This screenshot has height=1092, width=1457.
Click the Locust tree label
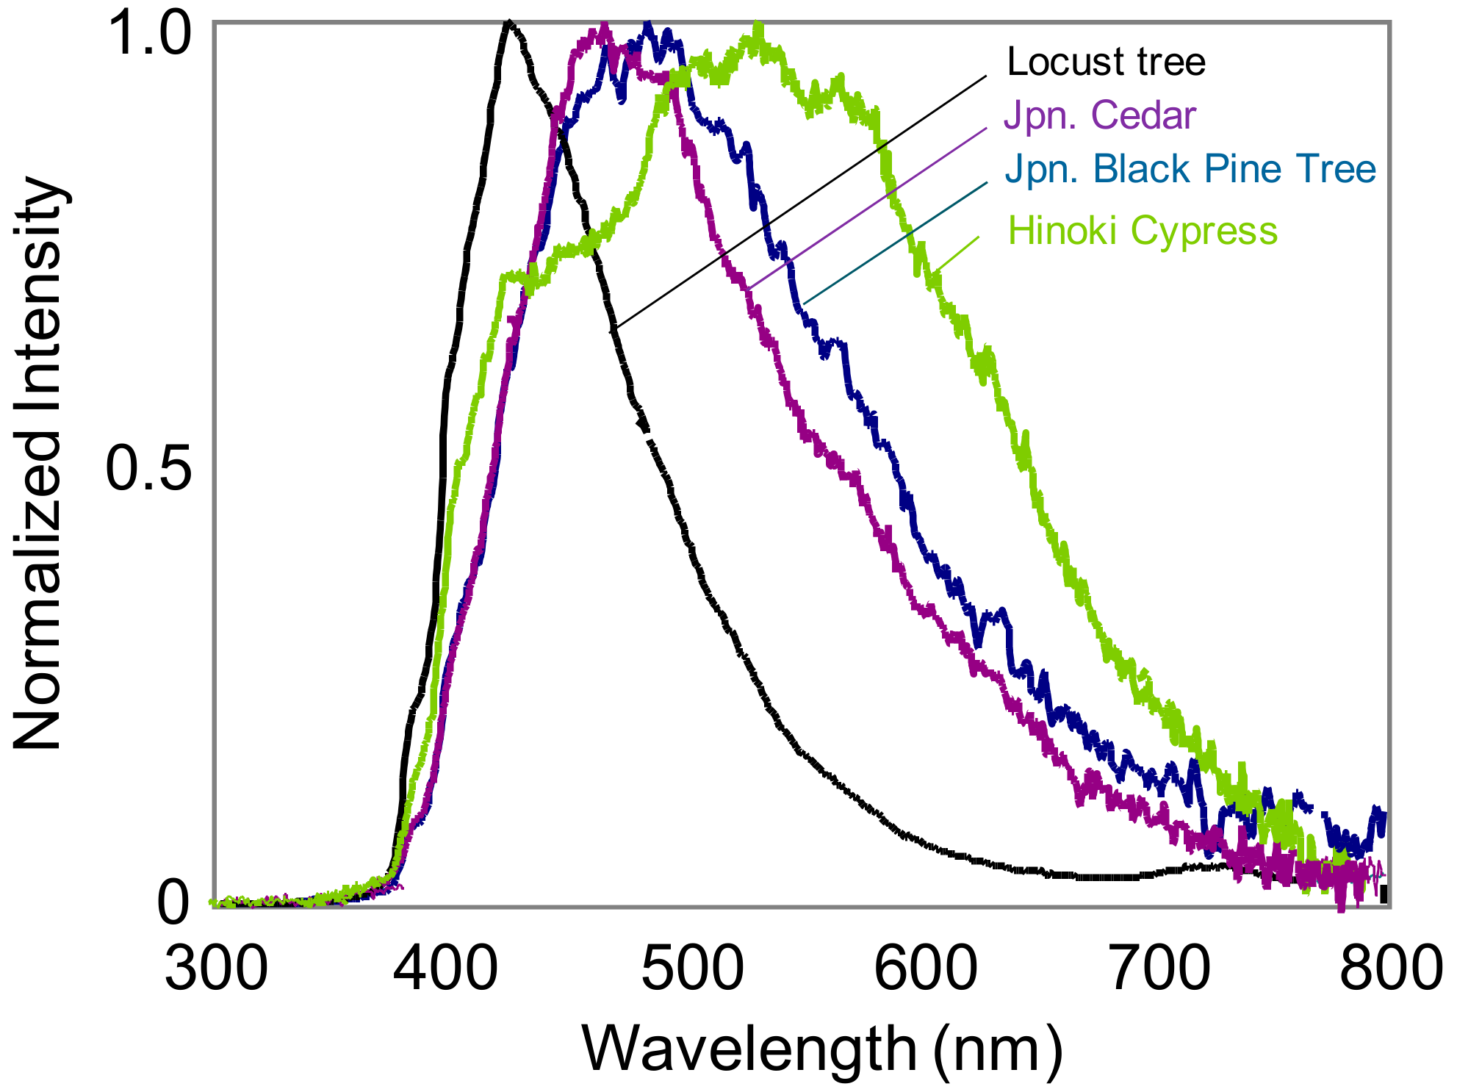coord(1106,62)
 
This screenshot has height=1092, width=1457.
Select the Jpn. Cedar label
coord(1100,115)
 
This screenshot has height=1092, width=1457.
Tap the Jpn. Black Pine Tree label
coord(1190,169)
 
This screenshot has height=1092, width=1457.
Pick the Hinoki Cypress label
coord(1143,231)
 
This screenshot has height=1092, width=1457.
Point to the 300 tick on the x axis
coord(216,969)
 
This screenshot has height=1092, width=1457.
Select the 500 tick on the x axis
coord(693,969)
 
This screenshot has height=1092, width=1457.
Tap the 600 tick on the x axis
coord(926,969)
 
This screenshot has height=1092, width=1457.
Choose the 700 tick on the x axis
coord(1159,969)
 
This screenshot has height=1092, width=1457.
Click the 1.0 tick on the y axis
coord(149,35)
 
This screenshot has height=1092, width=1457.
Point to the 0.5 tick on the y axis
coord(149,468)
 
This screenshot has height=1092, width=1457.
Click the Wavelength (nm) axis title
coord(822,1049)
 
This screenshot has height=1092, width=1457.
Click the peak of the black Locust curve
coord(508,24)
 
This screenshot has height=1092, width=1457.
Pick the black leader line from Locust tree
coord(801,201)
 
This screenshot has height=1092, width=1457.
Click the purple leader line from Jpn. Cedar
coord(867,207)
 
